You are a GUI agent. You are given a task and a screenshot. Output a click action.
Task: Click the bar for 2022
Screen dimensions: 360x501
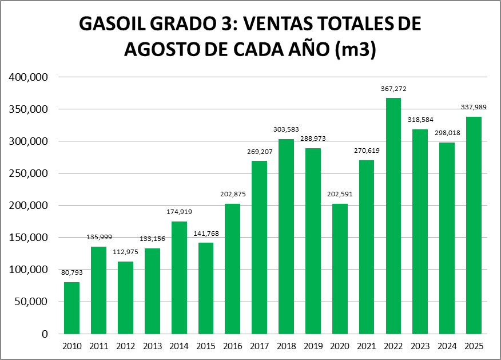tap(393, 216)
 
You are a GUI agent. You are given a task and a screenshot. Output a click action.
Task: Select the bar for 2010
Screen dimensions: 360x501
tap(71, 308)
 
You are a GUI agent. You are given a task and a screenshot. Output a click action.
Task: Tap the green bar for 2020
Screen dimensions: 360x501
tap(340, 268)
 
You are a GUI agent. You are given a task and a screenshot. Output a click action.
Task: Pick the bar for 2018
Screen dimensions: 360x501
tap(286, 236)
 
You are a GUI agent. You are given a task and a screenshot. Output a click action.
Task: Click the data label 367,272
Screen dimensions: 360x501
tap(393, 89)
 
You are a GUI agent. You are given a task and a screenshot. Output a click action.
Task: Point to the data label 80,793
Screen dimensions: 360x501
tap(71, 272)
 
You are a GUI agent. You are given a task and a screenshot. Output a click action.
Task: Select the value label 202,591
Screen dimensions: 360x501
tap(340, 194)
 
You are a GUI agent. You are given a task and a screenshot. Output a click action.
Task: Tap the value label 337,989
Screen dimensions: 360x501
tap(474, 107)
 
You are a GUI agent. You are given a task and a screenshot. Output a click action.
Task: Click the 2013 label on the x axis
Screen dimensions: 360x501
tap(152, 346)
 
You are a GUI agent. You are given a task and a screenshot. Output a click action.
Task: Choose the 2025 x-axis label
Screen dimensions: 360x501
tap(474, 346)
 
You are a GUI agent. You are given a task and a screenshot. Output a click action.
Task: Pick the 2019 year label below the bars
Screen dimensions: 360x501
tap(313, 346)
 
